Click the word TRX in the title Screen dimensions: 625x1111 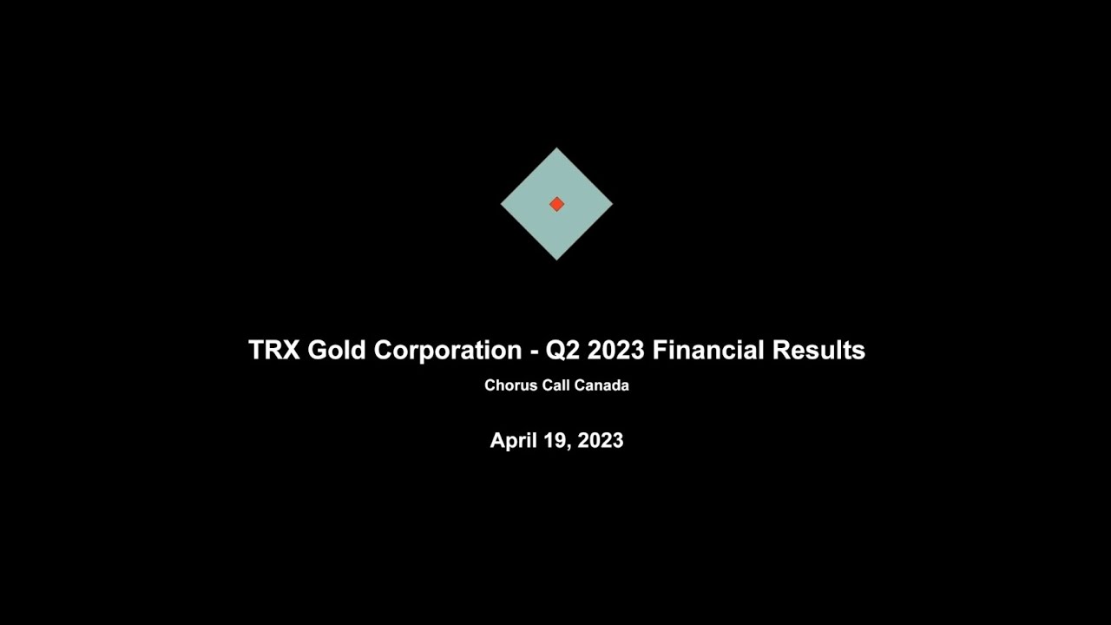(273, 350)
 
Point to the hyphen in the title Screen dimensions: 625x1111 (534, 351)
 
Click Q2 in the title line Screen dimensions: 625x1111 (562, 351)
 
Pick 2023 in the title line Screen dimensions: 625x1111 (615, 350)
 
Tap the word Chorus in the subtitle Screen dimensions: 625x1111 (511, 385)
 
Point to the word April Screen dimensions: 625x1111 (512, 441)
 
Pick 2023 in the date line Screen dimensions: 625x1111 (601, 440)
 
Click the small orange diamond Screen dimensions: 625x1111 (556, 204)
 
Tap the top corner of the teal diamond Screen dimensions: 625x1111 (556, 149)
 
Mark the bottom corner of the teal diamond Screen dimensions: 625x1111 (556, 259)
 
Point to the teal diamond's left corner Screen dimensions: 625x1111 (502, 204)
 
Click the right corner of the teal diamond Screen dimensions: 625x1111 (611, 204)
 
